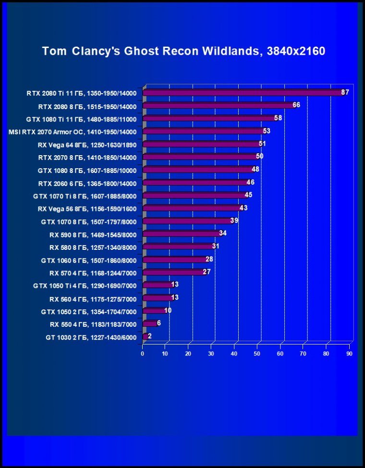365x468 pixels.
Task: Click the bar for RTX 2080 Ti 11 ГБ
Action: click(243, 93)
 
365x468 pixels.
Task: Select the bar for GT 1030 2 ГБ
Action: click(145, 336)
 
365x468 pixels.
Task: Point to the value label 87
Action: click(345, 92)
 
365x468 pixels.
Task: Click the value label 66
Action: click(296, 105)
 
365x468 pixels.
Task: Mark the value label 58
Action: click(278, 118)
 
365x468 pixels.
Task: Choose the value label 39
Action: click(234, 221)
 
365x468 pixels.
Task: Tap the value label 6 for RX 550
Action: click(159, 323)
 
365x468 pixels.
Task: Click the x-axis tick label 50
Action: click(257, 354)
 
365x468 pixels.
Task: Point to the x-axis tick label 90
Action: click(349, 354)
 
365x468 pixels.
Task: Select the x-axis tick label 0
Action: click(143, 354)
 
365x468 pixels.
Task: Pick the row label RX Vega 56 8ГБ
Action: click(87, 209)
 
